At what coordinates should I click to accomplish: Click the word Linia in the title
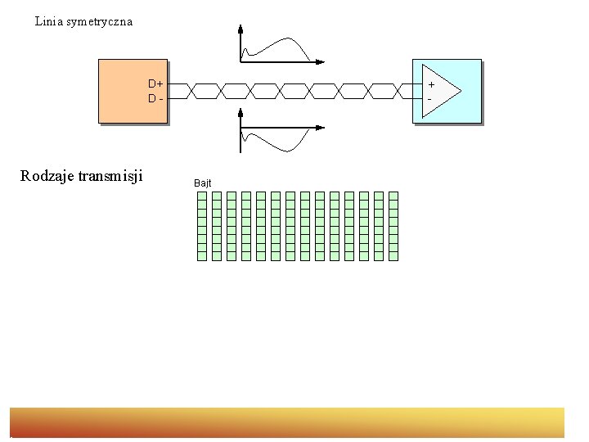pos(47,21)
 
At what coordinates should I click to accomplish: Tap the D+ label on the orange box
pos(155,83)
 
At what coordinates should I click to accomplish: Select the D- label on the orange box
pos(155,98)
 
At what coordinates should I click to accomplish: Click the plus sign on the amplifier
pos(430,83)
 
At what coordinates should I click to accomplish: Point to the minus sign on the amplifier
pos(429,98)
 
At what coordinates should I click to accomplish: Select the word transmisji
pos(110,175)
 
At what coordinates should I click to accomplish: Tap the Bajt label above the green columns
pos(203,183)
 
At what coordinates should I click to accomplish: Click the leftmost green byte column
pos(202,226)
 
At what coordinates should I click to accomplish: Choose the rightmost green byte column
pos(393,226)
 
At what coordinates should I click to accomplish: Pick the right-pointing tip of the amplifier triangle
pos(460,90)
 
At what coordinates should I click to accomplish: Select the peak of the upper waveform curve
pos(287,39)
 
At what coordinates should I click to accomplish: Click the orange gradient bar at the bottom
pos(287,422)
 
